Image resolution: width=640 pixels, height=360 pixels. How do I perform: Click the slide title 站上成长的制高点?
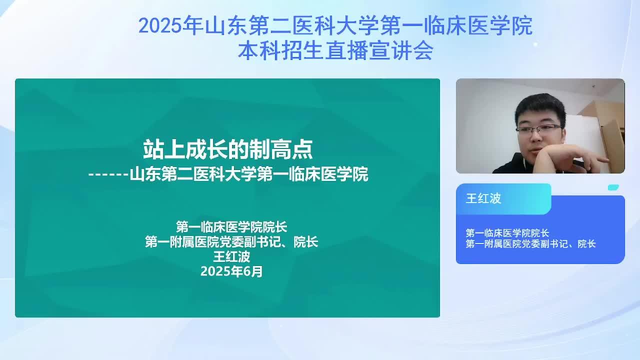click(228, 149)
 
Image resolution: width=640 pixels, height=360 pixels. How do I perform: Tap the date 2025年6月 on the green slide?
click(231, 271)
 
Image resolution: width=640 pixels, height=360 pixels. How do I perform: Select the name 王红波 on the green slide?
click(231, 256)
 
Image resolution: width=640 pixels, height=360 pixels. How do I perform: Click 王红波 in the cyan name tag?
click(483, 198)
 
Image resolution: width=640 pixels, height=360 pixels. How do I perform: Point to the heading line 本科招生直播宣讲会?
click(335, 50)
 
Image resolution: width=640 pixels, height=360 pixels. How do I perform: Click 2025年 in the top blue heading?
click(170, 25)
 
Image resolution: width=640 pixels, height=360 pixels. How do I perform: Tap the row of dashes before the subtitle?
click(108, 174)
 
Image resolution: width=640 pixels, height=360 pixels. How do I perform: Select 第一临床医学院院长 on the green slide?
click(231, 227)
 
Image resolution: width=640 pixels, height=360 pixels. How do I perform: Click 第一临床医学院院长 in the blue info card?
click(507, 233)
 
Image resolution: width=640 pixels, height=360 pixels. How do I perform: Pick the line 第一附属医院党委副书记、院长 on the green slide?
click(231, 242)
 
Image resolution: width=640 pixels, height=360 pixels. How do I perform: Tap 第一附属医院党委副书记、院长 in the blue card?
click(530, 243)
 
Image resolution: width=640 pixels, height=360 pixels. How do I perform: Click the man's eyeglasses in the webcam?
click(539, 129)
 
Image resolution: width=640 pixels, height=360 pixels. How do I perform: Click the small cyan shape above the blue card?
click(613, 187)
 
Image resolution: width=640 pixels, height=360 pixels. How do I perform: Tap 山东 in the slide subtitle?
click(145, 174)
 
